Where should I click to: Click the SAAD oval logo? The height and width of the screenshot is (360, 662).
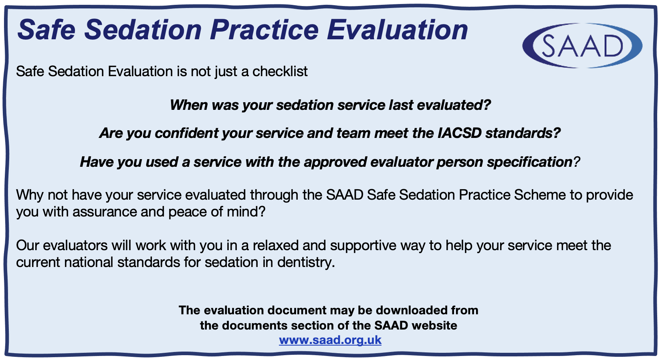click(x=582, y=46)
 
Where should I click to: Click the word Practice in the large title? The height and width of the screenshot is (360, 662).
click(x=264, y=30)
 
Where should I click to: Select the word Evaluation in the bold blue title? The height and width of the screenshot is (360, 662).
click(x=397, y=30)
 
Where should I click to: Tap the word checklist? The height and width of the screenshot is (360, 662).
click(x=280, y=71)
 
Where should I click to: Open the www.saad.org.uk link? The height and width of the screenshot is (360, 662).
click(x=330, y=340)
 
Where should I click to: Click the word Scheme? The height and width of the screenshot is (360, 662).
click(x=540, y=195)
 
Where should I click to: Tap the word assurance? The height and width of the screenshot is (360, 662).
click(x=105, y=212)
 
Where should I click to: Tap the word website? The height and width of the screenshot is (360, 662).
click(x=434, y=326)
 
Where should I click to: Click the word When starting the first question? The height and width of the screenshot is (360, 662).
click(x=189, y=105)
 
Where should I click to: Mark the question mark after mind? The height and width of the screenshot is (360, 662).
click(x=262, y=212)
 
